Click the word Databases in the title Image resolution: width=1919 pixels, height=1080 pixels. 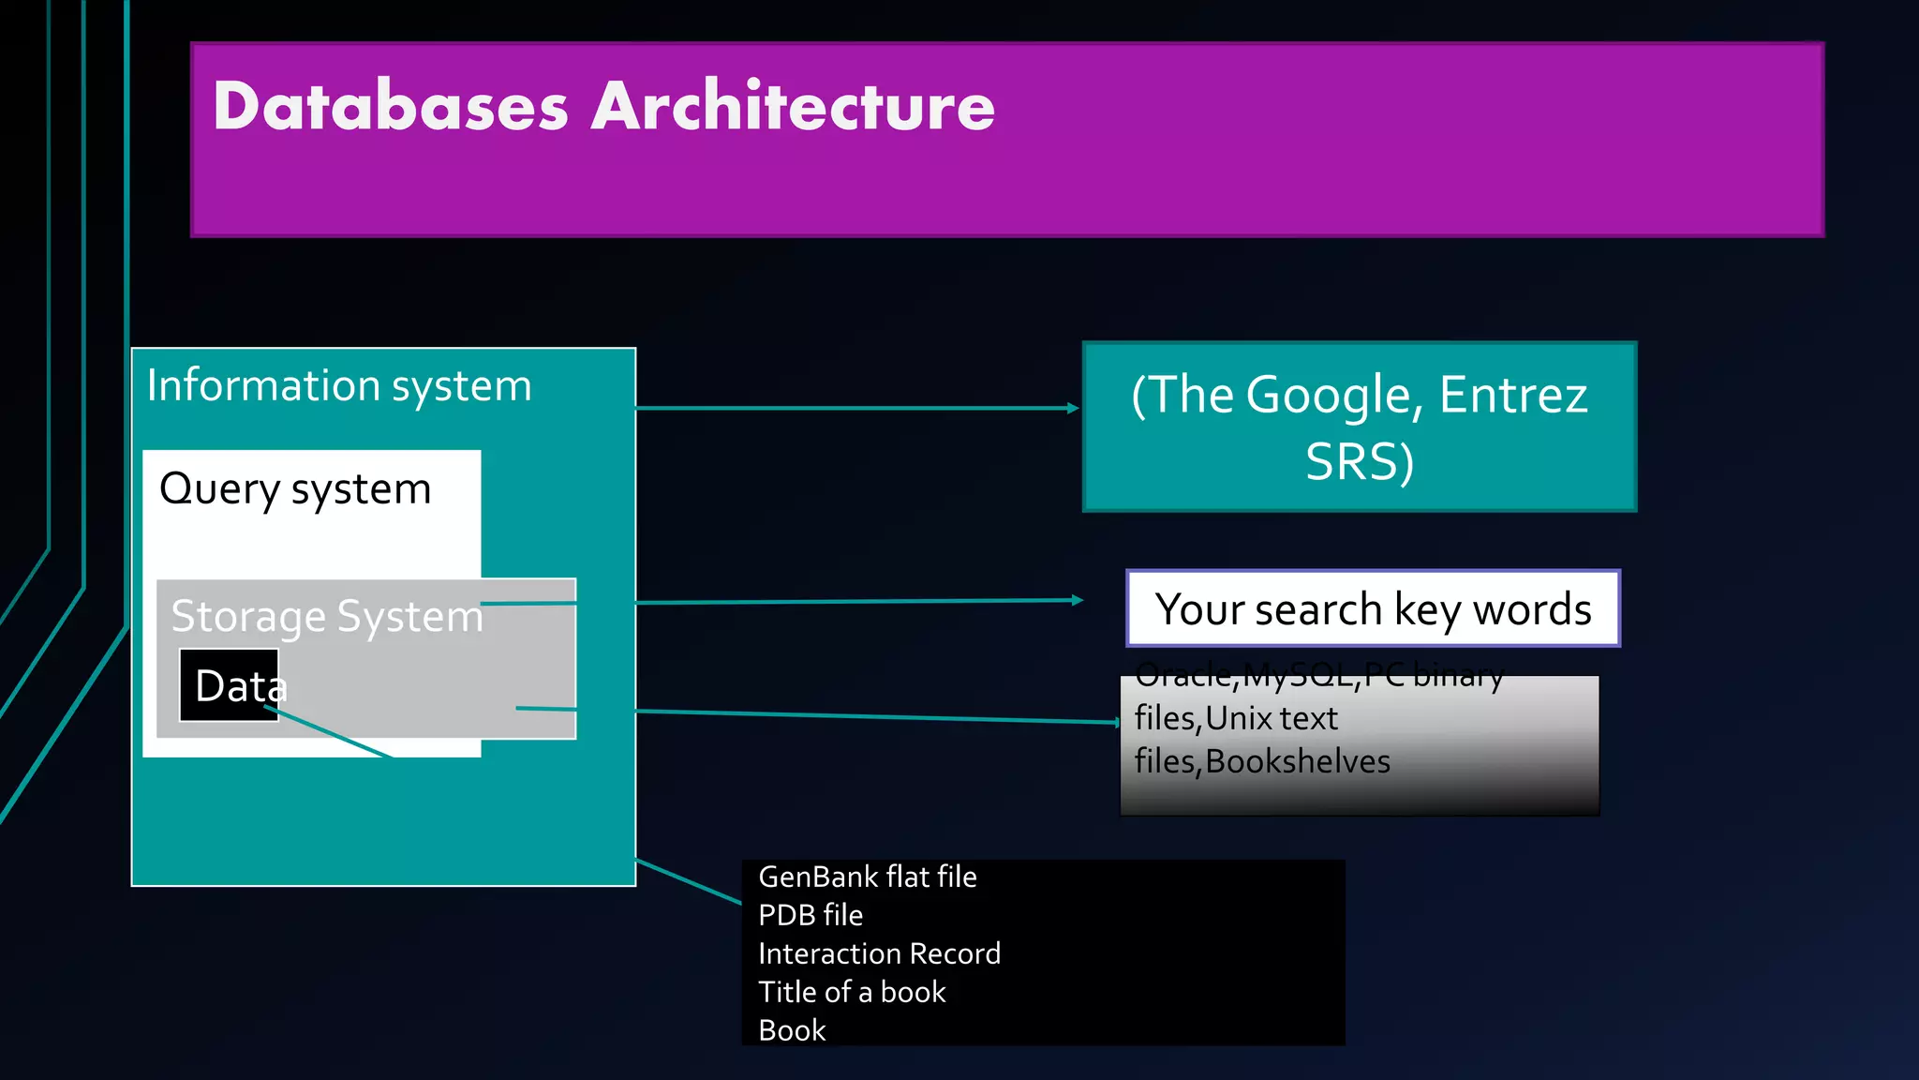391,106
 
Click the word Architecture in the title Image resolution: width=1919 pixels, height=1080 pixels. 793,106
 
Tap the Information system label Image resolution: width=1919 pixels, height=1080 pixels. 339,386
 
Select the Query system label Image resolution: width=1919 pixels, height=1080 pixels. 295,489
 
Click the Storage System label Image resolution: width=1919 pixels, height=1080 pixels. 327,617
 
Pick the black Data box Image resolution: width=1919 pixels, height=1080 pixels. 230,685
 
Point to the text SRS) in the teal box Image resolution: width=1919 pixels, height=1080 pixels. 1360,462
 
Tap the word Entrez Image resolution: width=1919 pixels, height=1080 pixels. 1513,395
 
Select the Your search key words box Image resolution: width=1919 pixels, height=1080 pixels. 1373,608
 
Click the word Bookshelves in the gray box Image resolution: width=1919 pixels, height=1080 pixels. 1298,761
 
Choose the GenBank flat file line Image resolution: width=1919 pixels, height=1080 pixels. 868,877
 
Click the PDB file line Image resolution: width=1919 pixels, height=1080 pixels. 811,915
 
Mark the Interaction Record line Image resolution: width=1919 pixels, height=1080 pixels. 879,953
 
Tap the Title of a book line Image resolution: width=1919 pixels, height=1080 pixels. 852,992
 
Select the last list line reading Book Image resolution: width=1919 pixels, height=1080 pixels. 792,1030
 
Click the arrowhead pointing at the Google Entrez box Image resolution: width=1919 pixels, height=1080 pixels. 1074,408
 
